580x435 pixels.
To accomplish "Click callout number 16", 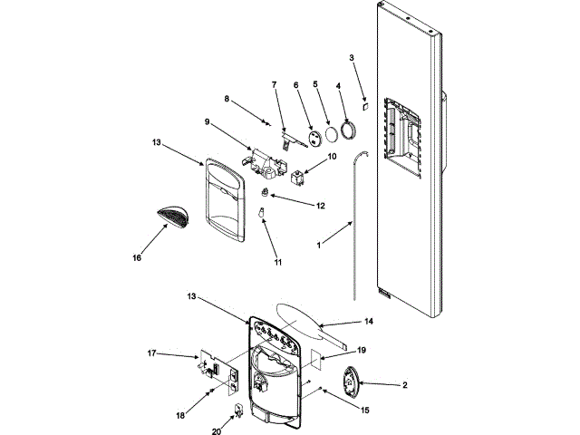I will pos(136,257).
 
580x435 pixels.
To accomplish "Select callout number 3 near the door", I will pos(352,58).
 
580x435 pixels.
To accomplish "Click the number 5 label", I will pos(316,84).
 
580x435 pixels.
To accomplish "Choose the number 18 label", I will pos(180,416).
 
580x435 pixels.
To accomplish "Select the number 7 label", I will pos(274,84).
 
